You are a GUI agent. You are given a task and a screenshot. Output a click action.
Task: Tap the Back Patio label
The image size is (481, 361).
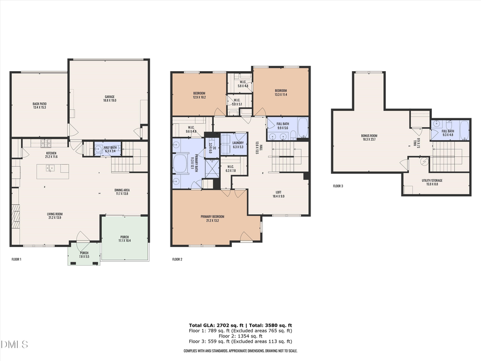(39, 105)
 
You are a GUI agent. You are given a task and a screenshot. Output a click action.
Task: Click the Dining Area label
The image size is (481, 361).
(122, 191)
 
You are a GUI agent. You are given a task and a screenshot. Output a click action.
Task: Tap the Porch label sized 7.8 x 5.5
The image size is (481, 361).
(84, 255)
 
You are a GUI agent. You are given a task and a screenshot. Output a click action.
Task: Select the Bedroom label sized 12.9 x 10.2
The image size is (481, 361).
(200, 96)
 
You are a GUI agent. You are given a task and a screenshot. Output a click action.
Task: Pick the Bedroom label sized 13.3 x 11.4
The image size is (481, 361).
(281, 92)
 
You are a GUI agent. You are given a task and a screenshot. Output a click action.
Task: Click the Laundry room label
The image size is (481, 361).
(238, 144)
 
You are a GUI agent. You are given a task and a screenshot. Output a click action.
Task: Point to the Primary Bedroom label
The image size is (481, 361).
(212, 218)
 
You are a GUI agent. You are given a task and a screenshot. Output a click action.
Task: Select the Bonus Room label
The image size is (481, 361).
(369, 139)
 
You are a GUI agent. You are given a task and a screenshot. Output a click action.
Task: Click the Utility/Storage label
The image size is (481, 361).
(431, 182)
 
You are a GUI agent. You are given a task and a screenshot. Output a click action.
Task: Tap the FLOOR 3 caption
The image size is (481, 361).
(338, 186)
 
